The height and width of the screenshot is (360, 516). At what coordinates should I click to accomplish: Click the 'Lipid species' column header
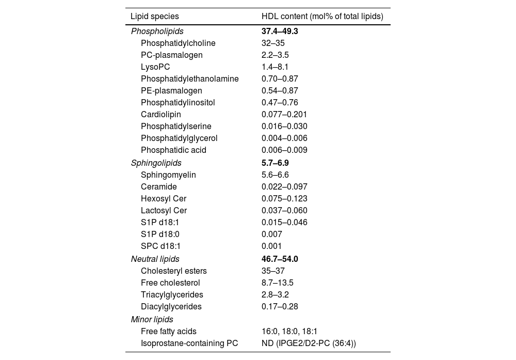(x=155, y=17)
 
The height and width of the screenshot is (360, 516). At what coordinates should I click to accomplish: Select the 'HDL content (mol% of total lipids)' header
(x=322, y=17)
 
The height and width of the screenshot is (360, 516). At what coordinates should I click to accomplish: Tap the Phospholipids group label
(x=157, y=32)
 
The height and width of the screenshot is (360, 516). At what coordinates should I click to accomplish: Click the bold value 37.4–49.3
(x=280, y=32)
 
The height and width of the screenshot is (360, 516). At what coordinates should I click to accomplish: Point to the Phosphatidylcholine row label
(x=178, y=43)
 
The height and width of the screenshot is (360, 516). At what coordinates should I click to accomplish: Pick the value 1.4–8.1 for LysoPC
(x=275, y=67)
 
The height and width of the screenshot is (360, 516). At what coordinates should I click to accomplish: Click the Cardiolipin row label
(x=161, y=115)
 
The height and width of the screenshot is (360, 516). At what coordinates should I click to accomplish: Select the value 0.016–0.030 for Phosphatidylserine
(x=284, y=127)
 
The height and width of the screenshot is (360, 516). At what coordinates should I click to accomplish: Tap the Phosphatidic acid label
(x=173, y=150)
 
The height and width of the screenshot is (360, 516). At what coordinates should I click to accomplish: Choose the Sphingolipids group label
(x=156, y=163)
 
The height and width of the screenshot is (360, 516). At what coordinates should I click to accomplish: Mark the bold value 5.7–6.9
(x=275, y=163)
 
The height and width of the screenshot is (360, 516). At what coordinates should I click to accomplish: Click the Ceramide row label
(x=159, y=187)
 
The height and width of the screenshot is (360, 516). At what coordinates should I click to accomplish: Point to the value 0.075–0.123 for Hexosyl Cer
(x=284, y=199)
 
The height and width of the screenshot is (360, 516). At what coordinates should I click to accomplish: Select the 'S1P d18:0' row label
(x=160, y=234)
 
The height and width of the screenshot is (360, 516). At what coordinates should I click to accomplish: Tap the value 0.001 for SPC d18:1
(x=271, y=246)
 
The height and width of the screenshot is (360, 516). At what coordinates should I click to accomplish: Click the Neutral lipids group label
(x=155, y=259)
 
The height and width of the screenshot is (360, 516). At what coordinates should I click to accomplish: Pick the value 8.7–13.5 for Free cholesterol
(x=277, y=283)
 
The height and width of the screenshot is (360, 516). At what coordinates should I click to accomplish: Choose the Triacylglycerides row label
(x=172, y=295)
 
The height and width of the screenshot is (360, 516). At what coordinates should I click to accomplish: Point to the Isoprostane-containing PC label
(x=189, y=343)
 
